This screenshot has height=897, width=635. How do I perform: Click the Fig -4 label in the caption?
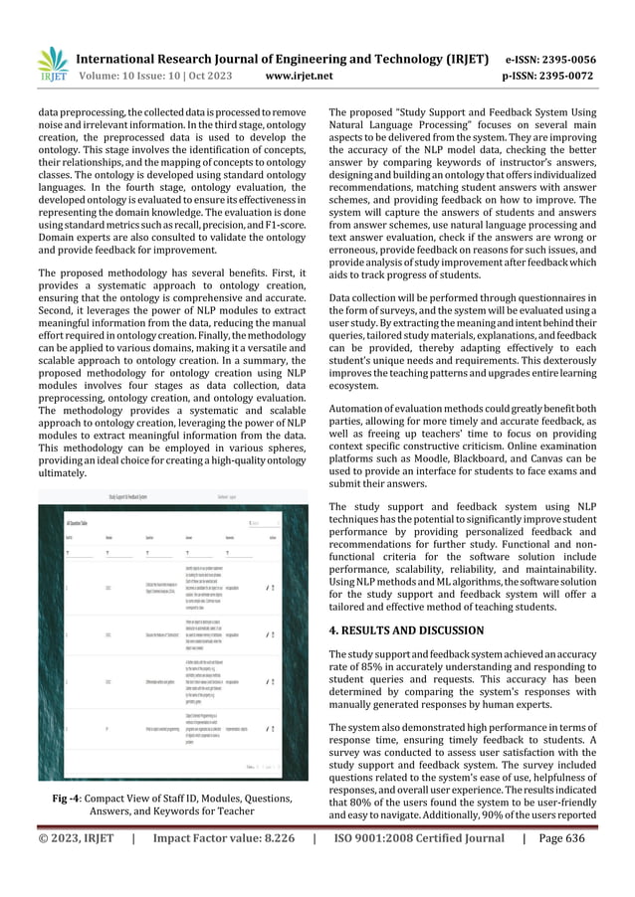point(67,798)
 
